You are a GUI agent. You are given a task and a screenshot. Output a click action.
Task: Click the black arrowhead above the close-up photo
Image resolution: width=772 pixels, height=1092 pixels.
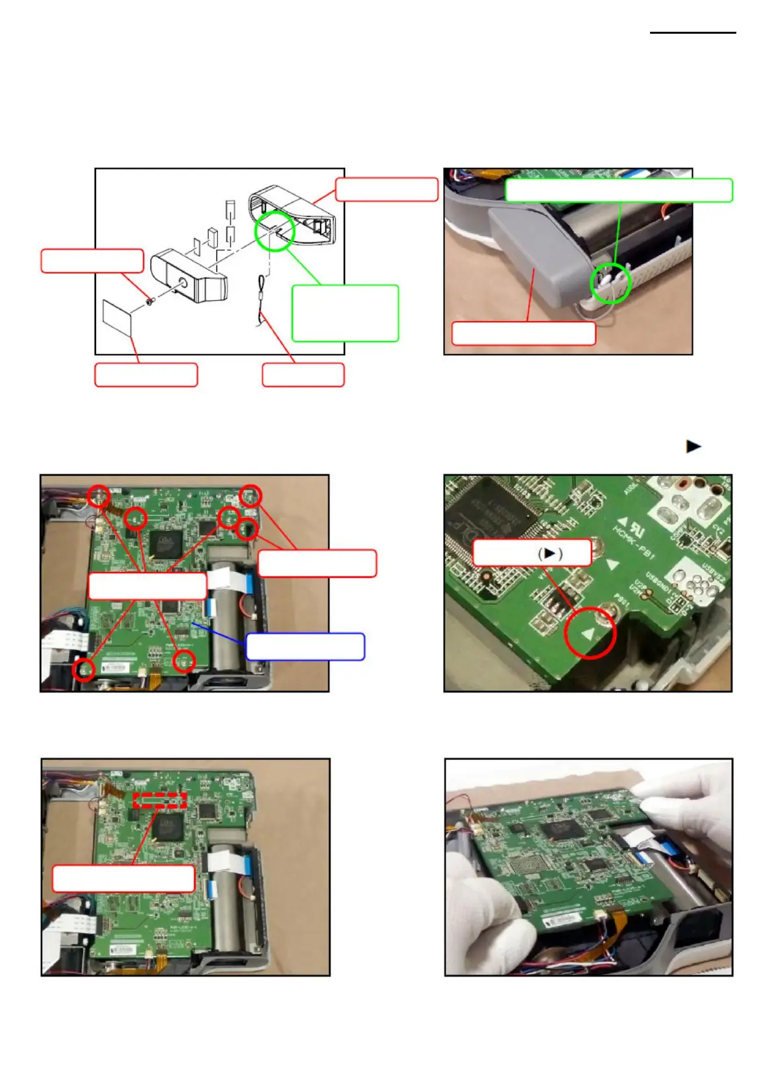694,446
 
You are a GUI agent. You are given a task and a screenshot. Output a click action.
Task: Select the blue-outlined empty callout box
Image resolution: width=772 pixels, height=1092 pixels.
305,647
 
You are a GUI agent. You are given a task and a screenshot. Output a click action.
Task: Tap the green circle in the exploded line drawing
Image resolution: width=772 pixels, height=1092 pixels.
274,230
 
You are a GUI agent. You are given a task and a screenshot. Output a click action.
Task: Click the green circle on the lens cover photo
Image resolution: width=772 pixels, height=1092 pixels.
610,283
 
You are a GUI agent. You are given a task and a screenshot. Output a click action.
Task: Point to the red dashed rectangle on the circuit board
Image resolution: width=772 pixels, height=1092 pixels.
160,800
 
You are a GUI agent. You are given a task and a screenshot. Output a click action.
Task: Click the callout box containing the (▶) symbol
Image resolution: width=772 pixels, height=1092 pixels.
532,553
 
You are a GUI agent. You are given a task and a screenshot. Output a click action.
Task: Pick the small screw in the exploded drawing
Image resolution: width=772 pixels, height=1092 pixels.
150,302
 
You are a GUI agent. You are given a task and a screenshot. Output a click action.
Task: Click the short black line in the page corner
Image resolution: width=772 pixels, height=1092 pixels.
693,32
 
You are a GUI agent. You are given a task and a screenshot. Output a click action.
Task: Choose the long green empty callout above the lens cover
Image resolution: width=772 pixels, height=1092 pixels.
618,191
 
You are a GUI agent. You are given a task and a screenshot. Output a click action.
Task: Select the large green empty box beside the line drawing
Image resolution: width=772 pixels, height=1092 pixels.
344,313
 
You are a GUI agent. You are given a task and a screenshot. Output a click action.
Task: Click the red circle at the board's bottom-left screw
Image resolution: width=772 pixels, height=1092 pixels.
84,669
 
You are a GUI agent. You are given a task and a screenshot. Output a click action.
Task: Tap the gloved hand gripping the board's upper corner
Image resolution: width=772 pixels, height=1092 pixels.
681,798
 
